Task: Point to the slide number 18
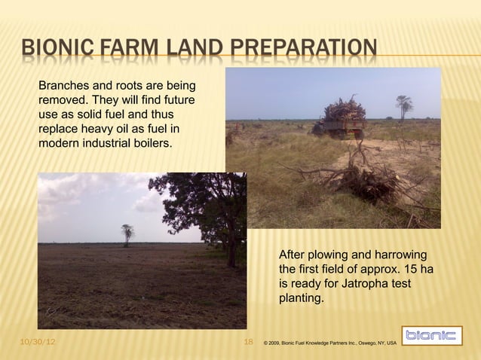point(248,343)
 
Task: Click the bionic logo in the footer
point(430,337)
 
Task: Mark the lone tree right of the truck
point(405,105)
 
